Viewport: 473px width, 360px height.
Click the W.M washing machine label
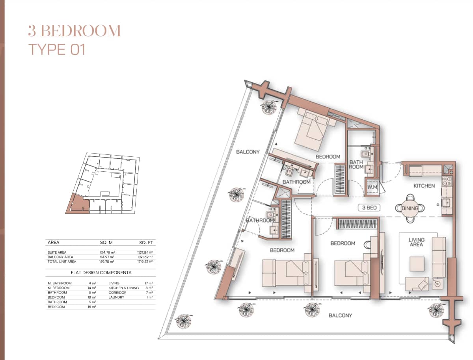click(x=372, y=187)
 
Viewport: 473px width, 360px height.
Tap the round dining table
click(x=410, y=208)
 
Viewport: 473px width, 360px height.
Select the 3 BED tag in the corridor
click(x=369, y=208)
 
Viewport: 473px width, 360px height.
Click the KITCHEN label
click(x=424, y=186)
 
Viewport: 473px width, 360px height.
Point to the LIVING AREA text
click(x=416, y=242)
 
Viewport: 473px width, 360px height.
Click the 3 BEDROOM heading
click(x=74, y=31)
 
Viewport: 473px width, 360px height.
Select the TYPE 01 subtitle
click(x=57, y=50)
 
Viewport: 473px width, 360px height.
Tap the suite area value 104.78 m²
click(x=106, y=252)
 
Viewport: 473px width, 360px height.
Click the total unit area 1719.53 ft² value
click(x=143, y=262)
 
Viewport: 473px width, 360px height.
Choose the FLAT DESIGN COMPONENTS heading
click(x=101, y=273)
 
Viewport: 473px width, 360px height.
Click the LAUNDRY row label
click(x=116, y=297)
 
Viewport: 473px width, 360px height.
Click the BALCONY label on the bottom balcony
click(x=340, y=315)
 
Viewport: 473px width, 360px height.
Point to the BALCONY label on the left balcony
click(x=248, y=152)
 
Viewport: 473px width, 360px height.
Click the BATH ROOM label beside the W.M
click(x=356, y=164)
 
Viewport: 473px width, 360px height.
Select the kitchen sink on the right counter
click(x=446, y=203)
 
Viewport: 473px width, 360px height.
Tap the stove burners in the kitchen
click(x=447, y=181)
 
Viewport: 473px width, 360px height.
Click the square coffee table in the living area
click(x=417, y=264)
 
